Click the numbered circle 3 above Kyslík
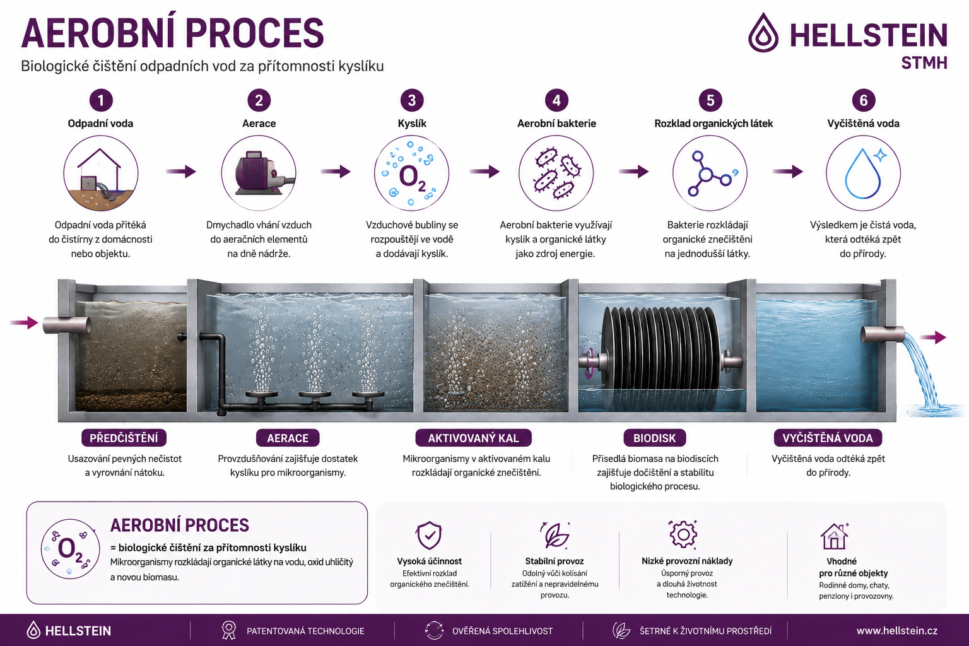(411, 100)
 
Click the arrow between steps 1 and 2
(181, 172)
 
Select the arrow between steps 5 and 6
(788, 172)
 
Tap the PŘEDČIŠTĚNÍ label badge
(124, 438)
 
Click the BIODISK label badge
(654, 438)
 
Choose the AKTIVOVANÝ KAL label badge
(473, 438)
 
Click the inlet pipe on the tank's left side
(67, 325)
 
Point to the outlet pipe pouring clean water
(883, 334)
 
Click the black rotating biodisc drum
(661, 348)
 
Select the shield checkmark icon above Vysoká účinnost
(429, 535)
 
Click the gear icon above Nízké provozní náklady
(683, 534)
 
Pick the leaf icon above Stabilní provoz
(555, 535)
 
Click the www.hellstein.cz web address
(896, 631)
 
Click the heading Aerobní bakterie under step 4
(556, 123)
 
